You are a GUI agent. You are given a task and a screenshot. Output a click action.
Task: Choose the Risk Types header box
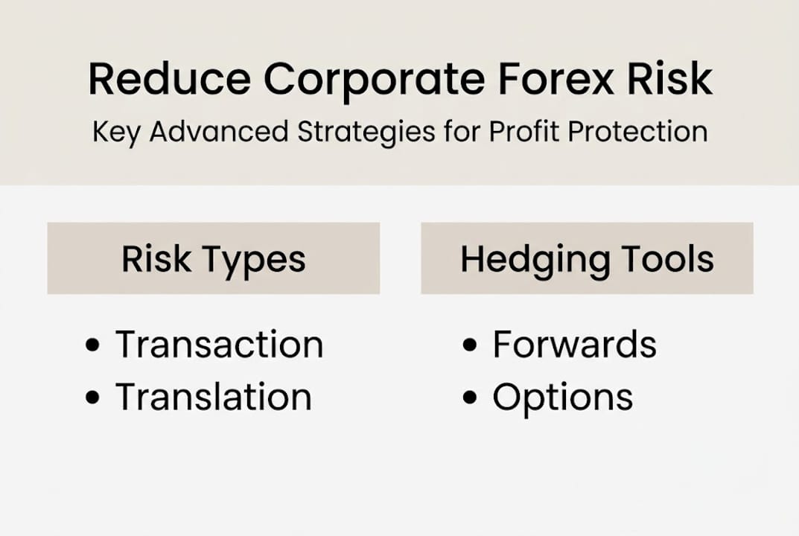(x=213, y=258)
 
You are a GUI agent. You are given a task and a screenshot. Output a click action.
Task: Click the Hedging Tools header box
(x=587, y=258)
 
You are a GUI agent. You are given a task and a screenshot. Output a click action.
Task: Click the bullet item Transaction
(x=219, y=345)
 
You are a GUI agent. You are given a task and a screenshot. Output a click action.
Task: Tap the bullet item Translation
(x=213, y=397)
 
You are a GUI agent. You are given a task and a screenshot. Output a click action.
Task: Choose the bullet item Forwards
(x=574, y=345)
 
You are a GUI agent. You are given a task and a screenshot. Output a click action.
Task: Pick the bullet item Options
(x=562, y=398)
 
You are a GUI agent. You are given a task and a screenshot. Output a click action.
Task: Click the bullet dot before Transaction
(x=93, y=345)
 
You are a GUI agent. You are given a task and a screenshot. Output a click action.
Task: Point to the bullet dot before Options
(x=470, y=398)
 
